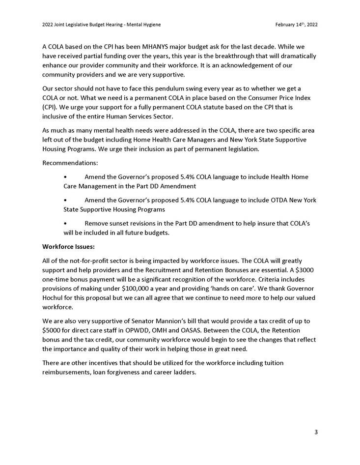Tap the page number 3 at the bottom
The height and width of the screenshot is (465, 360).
pos(316,432)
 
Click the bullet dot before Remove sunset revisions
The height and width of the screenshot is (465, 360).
pos(66,223)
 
